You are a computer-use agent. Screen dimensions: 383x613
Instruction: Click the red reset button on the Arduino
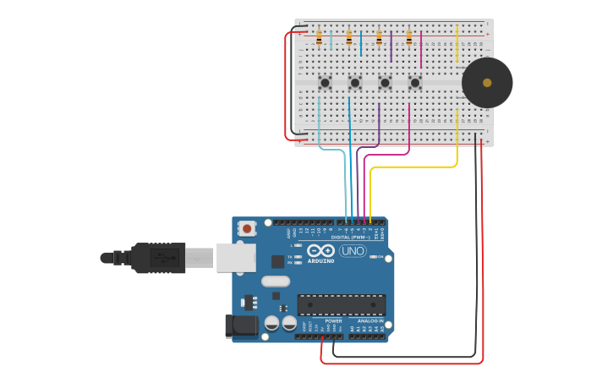pos(247,227)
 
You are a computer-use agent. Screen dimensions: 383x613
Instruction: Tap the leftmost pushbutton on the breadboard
pos(325,82)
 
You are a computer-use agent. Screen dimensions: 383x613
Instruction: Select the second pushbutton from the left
pos(355,82)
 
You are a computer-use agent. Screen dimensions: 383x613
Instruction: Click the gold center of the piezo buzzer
pos(487,83)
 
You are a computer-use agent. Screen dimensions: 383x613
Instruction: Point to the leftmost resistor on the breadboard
pos(319,38)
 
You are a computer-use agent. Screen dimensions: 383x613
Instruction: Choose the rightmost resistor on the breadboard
pos(409,38)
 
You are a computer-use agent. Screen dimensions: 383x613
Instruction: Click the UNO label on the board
pos(353,251)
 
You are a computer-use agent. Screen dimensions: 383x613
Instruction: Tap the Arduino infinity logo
pos(320,250)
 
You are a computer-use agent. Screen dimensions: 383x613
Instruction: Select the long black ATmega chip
pos(342,305)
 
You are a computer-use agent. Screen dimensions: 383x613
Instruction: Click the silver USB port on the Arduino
pos(236,258)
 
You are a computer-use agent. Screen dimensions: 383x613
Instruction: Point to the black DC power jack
pos(241,326)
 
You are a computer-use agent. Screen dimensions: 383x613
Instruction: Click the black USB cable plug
pos(157,257)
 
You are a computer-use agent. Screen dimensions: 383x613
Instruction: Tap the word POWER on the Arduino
pos(333,321)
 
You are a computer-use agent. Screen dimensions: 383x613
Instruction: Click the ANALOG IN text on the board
pos(369,321)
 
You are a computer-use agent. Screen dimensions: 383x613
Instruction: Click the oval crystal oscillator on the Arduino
pos(276,282)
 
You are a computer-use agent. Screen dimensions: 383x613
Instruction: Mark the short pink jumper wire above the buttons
pos(421,49)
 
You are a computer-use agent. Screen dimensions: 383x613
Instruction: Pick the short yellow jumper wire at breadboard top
pos(457,43)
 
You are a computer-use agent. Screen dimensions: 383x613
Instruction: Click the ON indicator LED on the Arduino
pos(373,257)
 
